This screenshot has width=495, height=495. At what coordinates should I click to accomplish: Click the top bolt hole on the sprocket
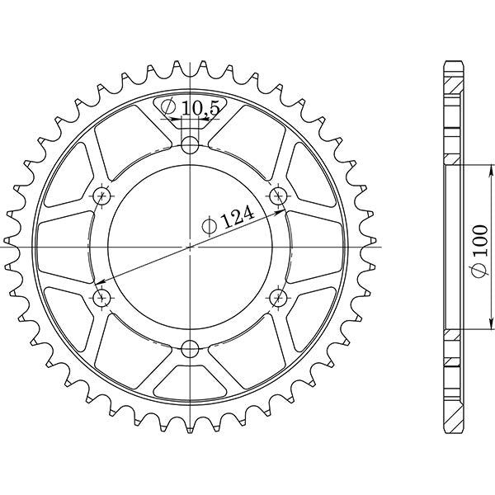[191, 145]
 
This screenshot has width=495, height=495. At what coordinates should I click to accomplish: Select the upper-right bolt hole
[279, 196]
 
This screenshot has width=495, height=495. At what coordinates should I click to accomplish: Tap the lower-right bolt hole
[279, 296]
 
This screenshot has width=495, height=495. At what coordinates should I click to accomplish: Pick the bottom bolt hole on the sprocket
[191, 346]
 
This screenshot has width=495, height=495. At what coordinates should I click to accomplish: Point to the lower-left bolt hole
[103, 296]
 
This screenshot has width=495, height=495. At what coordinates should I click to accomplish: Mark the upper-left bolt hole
[103, 196]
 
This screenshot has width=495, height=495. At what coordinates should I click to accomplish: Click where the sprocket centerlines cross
[191, 246]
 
